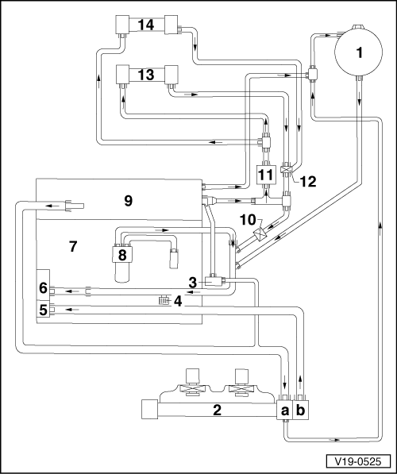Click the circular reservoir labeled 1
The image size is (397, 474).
(x=359, y=52)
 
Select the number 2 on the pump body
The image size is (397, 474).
(x=217, y=410)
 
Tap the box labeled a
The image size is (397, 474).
(x=284, y=410)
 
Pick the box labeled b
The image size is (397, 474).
(x=301, y=410)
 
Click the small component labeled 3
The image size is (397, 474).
(x=214, y=282)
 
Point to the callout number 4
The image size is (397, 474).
(x=178, y=301)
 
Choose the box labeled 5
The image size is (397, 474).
(x=43, y=309)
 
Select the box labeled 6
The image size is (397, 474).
(x=43, y=287)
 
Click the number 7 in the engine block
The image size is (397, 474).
(x=73, y=246)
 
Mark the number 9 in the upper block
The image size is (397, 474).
(x=128, y=200)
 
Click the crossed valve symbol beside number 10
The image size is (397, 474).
(x=260, y=234)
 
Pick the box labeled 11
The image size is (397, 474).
(x=265, y=175)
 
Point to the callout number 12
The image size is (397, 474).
(x=308, y=181)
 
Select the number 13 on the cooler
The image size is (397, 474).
(x=146, y=75)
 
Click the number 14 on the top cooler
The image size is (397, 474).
(x=146, y=25)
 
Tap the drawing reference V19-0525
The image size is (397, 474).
(x=358, y=461)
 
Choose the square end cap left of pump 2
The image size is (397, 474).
(x=149, y=410)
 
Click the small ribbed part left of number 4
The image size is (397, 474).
(x=165, y=300)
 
